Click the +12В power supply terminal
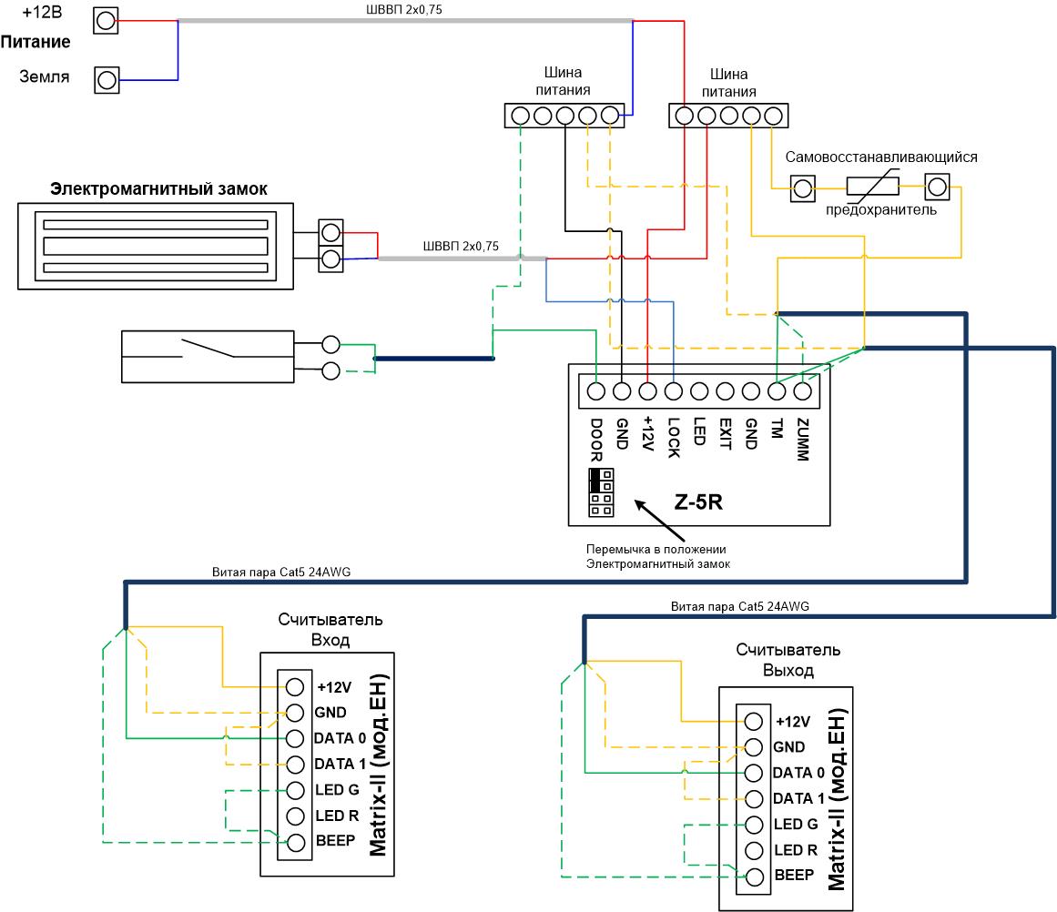point(106,21)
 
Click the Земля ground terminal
point(107,80)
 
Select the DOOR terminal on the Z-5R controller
point(596,391)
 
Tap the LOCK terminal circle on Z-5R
point(674,391)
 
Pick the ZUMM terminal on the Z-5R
point(802,391)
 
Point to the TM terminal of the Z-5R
point(777,391)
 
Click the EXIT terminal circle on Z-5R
point(725,391)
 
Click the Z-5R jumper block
point(601,492)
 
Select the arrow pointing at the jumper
point(659,520)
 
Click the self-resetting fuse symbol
point(872,186)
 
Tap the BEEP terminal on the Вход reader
point(295,843)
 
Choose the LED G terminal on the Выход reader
point(754,825)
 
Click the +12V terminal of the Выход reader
point(754,722)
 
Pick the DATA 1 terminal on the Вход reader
point(295,765)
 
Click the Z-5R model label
point(698,502)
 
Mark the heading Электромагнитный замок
point(158,188)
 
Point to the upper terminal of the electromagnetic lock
point(330,232)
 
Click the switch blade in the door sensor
point(208,347)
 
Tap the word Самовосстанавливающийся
point(881,157)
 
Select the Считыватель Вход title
point(330,630)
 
